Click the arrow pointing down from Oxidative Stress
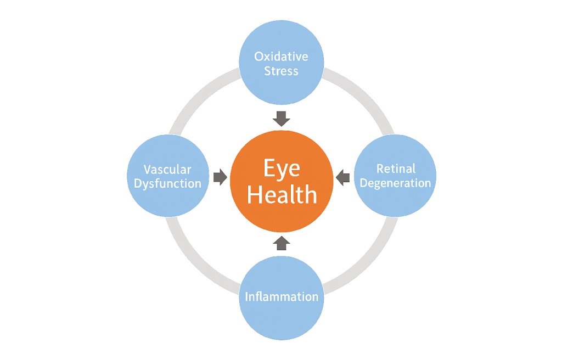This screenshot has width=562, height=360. pos(282,117)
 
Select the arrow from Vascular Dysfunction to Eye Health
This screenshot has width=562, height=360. pos(220,176)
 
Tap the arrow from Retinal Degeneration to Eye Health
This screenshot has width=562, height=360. pos(342,176)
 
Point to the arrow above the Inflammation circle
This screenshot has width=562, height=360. pos(282,243)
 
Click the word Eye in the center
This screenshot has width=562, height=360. pos(282,168)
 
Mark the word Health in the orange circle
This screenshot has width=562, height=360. pos(282,195)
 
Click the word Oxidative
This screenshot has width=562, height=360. pos(282,56)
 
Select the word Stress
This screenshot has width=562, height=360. pos(282,71)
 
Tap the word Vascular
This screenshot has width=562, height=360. pos(167,169)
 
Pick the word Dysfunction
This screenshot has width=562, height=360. pos(167,183)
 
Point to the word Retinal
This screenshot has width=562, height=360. pos(396,168)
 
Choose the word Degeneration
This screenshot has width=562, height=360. pos(396,183)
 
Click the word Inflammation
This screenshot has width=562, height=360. pos(282,297)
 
